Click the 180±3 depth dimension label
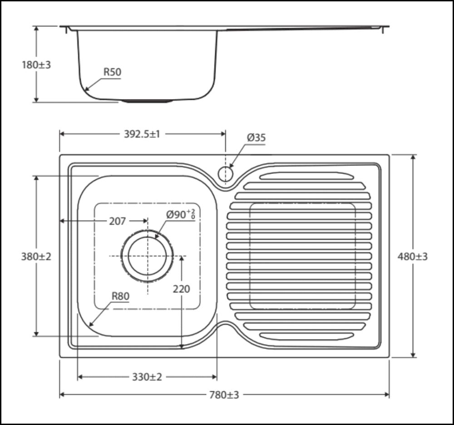[x=36, y=65]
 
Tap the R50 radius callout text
[x=112, y=72]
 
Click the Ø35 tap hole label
[x=256, y=138]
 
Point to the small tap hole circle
[x=225, y=173]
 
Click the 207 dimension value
[x=117, y=221]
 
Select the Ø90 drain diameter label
[x=180, y=215]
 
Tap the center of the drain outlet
[x=147, y=256]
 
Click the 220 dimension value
[x=182, y=289]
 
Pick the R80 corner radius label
[x=120, y=297]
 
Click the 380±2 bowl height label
[x=36, y=257]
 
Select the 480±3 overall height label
[x=413, y=257]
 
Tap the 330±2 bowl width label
[x=147, y=377]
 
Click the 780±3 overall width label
[x=224, y=395]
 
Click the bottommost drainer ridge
[x=306, y=336]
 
